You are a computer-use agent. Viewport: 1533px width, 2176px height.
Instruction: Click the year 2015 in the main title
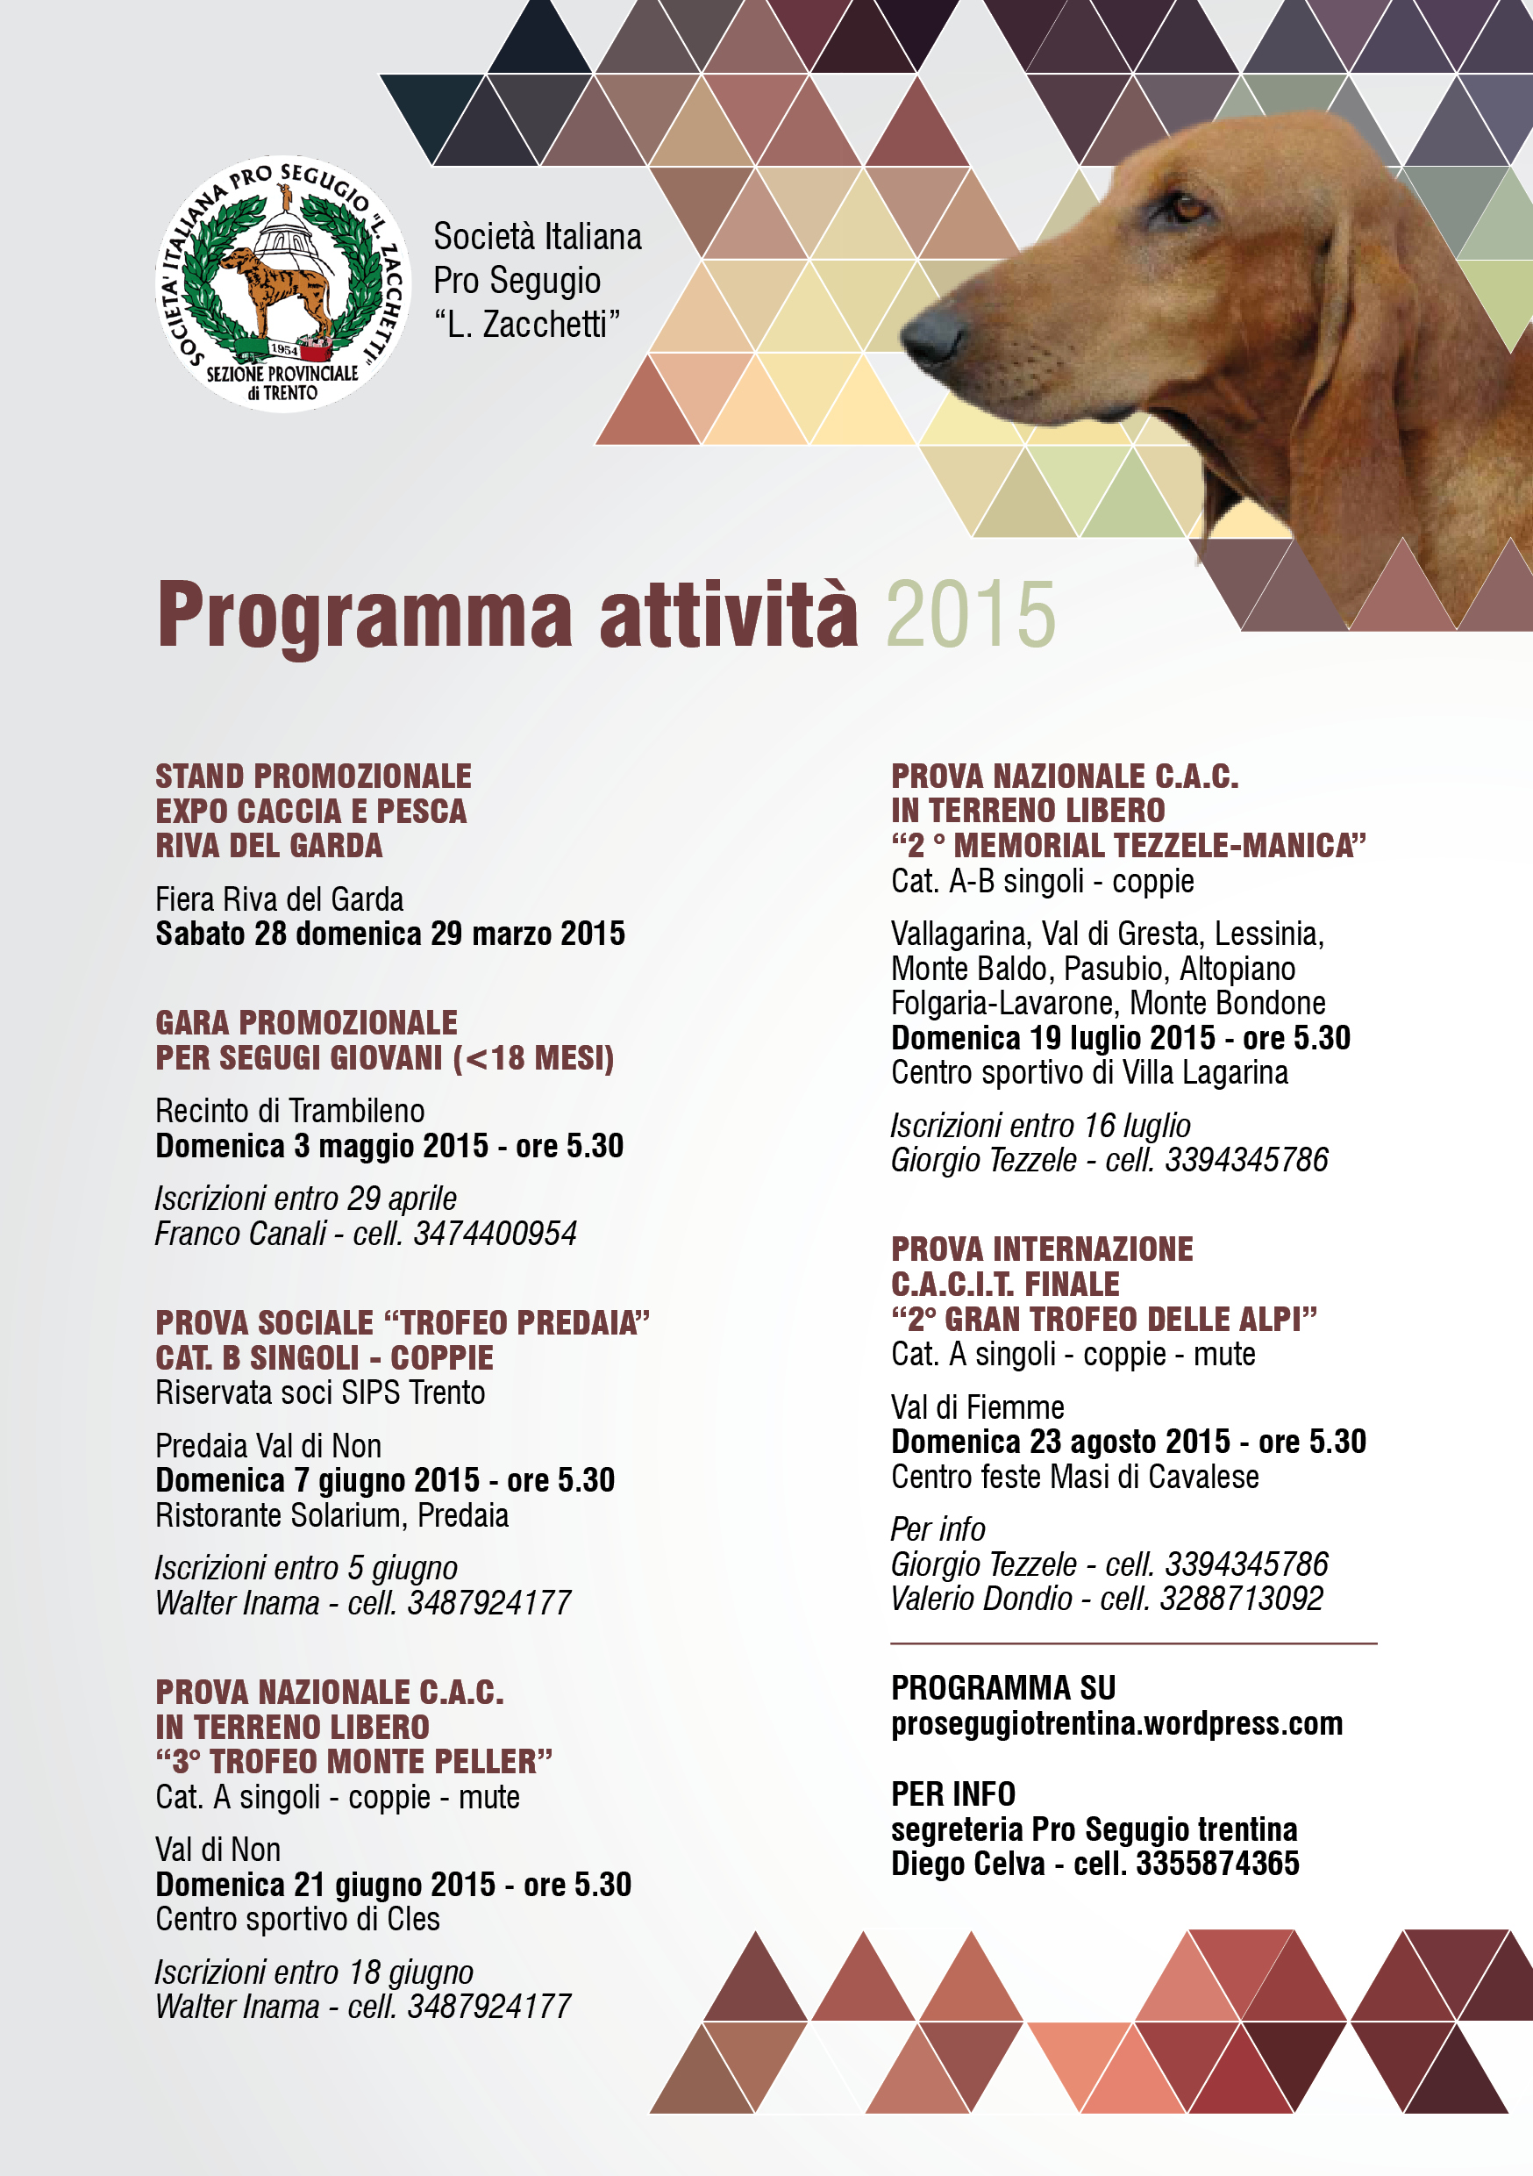(970, 615)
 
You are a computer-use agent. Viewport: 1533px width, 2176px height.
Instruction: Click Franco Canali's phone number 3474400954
(495, 1234)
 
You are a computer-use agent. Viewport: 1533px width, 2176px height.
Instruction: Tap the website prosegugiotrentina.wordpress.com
(1116, 1723)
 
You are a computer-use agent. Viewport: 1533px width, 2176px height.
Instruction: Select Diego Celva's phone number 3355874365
(1217, 1864)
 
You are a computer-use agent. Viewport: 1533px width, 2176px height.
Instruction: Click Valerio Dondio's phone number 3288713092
(1241, 1599)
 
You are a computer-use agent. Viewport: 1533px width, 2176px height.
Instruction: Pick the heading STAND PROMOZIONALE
(313, 777)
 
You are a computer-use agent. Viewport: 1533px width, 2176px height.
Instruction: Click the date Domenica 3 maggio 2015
(322, 1146)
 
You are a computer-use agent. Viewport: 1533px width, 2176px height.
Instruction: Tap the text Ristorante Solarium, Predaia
(332, 1515)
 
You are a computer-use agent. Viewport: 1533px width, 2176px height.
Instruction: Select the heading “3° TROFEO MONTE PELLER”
(353, 1762)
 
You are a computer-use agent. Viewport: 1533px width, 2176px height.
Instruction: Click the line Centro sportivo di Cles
(297, 1919)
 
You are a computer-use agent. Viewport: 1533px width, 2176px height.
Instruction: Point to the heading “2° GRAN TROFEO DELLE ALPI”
(1104, 1320)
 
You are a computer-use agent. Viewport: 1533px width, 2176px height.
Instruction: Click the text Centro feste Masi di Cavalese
(1074, 1477)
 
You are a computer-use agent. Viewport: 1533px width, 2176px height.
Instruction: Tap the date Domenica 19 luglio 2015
(1052, 1038)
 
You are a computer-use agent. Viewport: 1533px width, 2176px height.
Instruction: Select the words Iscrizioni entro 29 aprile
(306, 1199)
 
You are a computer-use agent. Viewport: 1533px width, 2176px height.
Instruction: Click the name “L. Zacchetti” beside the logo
(527, 324)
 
